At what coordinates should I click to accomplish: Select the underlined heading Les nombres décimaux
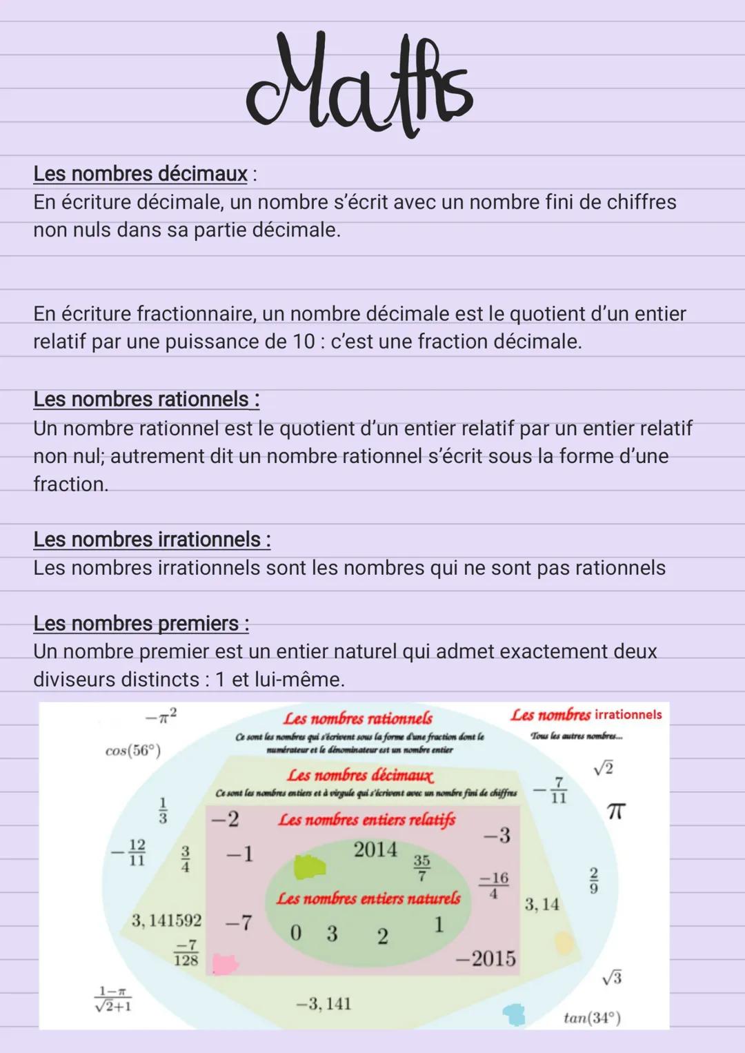click(140, 173)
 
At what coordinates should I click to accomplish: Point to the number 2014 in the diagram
click(375, 849)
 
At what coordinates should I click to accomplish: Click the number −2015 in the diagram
click(486, 958)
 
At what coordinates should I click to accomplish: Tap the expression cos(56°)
click(133, 750)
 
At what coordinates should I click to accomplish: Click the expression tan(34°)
click(592, 1018)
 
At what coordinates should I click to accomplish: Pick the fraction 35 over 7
click(421, 867)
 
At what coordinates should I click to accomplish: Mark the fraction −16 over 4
click(494, 885)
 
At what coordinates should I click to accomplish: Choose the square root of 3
click(611, 977)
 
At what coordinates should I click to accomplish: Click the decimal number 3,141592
click(166, 920)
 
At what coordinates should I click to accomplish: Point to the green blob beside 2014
click(309, 867)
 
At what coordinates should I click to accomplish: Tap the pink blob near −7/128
click(224, 963)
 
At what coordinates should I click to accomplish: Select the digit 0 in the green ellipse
click(296, 933)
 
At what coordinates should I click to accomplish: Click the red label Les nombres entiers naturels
click(368, 898)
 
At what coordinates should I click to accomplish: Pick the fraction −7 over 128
click(186, 953)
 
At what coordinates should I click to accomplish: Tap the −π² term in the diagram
click(161, 716)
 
